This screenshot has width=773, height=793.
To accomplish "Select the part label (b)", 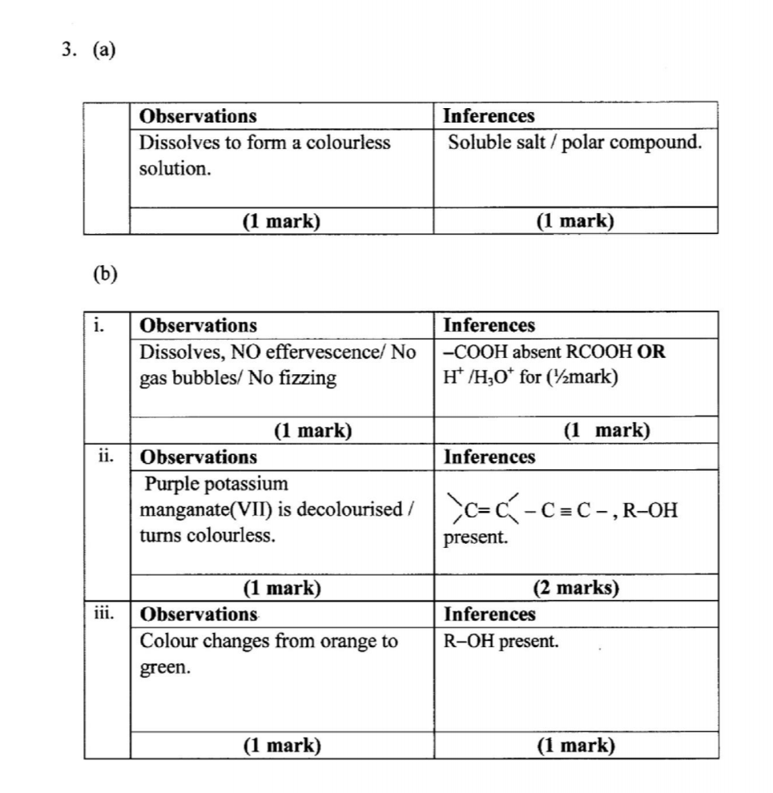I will coord(105,274).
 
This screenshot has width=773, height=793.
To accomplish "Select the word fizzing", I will coord(306,378).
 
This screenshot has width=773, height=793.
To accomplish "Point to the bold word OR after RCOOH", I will coord(651,352).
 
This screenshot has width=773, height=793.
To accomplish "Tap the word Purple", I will coord(173,484).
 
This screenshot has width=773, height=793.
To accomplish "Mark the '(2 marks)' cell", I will coord(576,588).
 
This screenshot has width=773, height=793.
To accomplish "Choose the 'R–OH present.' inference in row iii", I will coord(501,642).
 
